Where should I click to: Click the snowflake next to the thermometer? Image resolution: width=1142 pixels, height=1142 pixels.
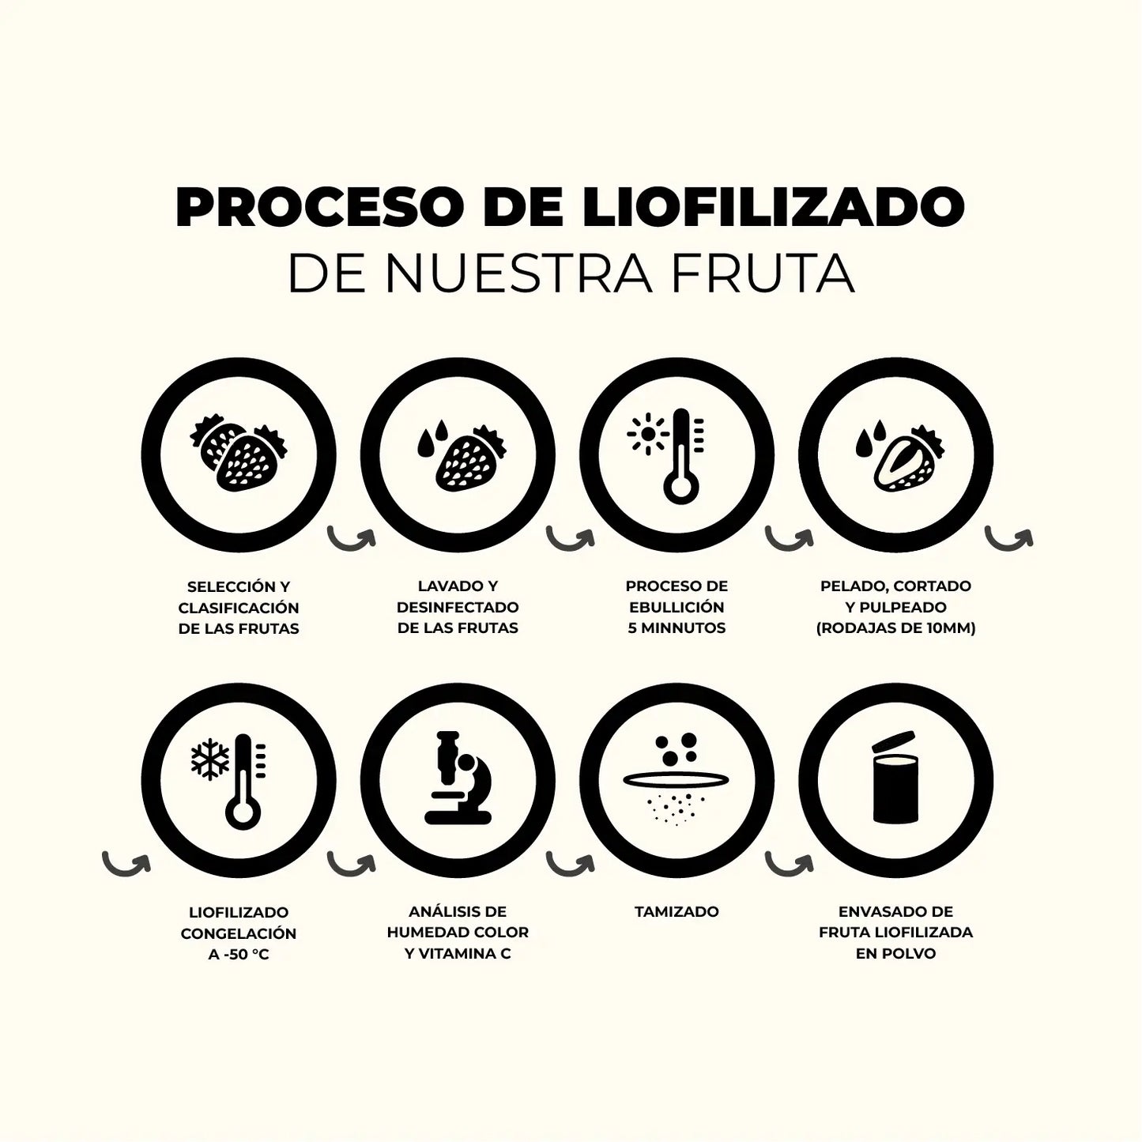tap(210, 760)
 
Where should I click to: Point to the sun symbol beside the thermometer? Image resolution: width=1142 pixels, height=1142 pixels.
tap(646, 434)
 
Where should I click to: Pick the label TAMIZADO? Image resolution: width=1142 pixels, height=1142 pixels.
tap(677, 911)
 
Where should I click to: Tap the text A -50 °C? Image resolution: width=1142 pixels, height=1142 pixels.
tap(239, 954)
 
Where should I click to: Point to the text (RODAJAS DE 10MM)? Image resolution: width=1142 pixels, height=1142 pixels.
tap(895, 628)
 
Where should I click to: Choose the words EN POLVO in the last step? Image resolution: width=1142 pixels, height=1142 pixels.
tap(895, 953)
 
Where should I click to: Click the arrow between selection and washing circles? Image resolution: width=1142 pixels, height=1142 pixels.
tap(352, 539)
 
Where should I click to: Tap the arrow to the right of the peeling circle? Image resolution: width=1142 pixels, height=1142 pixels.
tap(1008, 539)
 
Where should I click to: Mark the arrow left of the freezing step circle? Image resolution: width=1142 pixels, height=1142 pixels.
tap(126, 864)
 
